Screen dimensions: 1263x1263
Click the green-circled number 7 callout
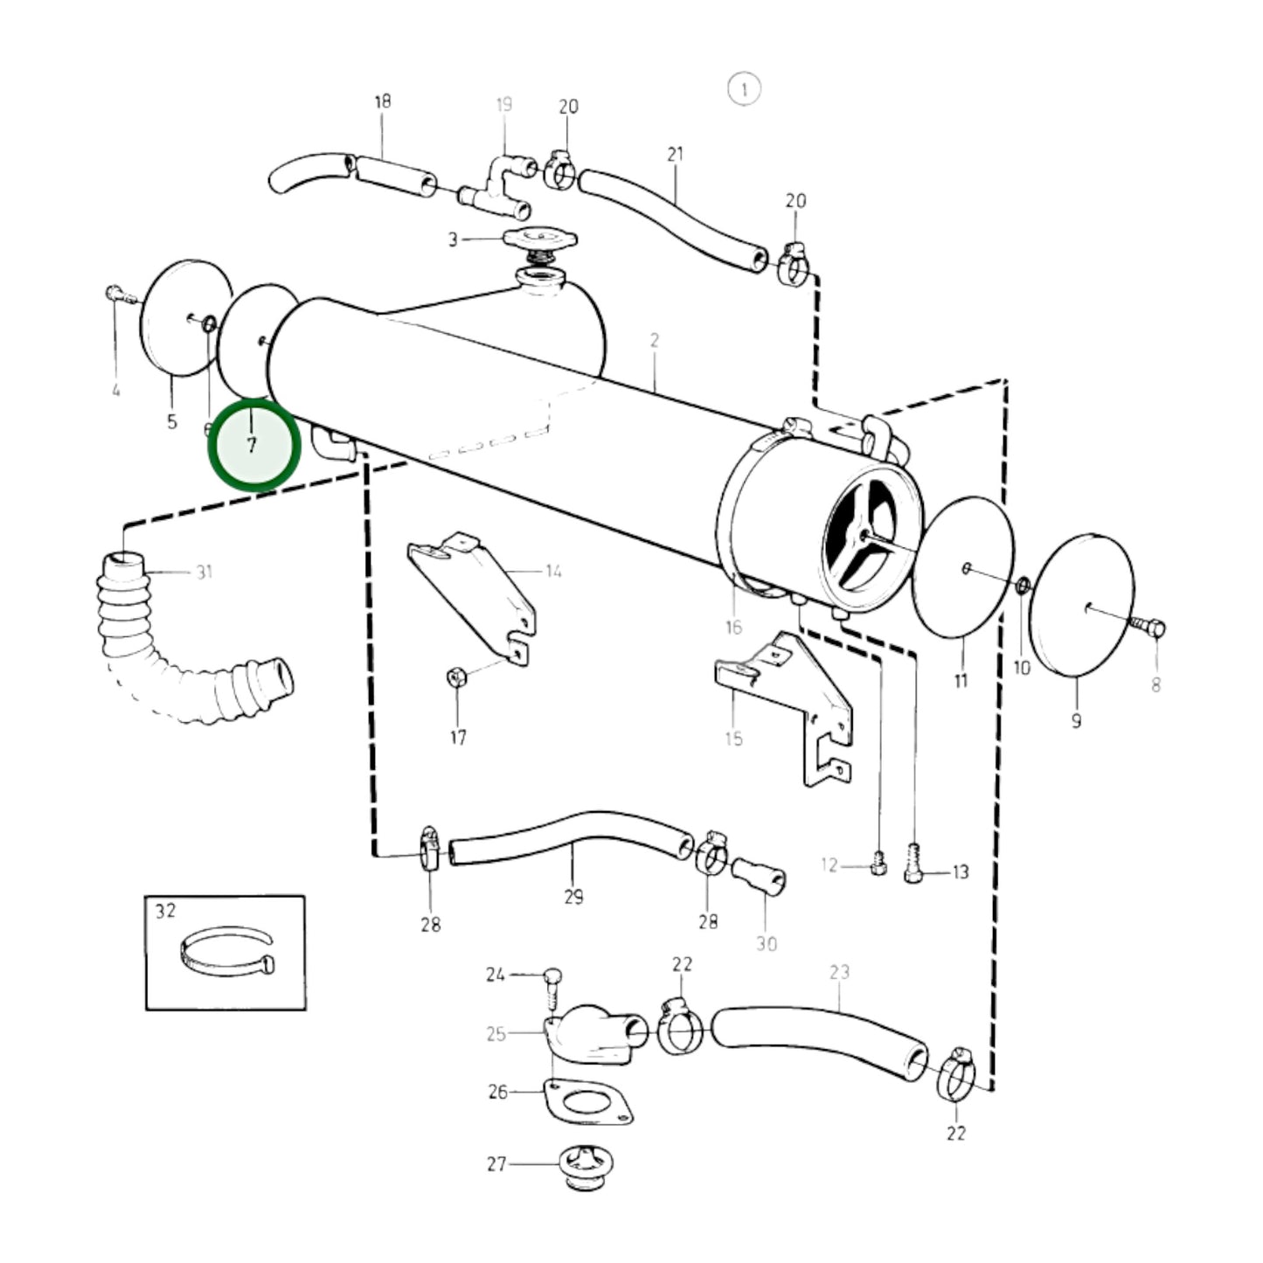[x=253, y=445]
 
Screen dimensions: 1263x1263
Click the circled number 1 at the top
[x=743, y=89]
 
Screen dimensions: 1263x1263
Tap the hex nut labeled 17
[x=455, y=677]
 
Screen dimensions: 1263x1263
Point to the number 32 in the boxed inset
[x=165, y=911]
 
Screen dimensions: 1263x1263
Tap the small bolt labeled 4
[x=118, y=295]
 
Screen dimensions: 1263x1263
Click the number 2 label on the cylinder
[x=654, y=340]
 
